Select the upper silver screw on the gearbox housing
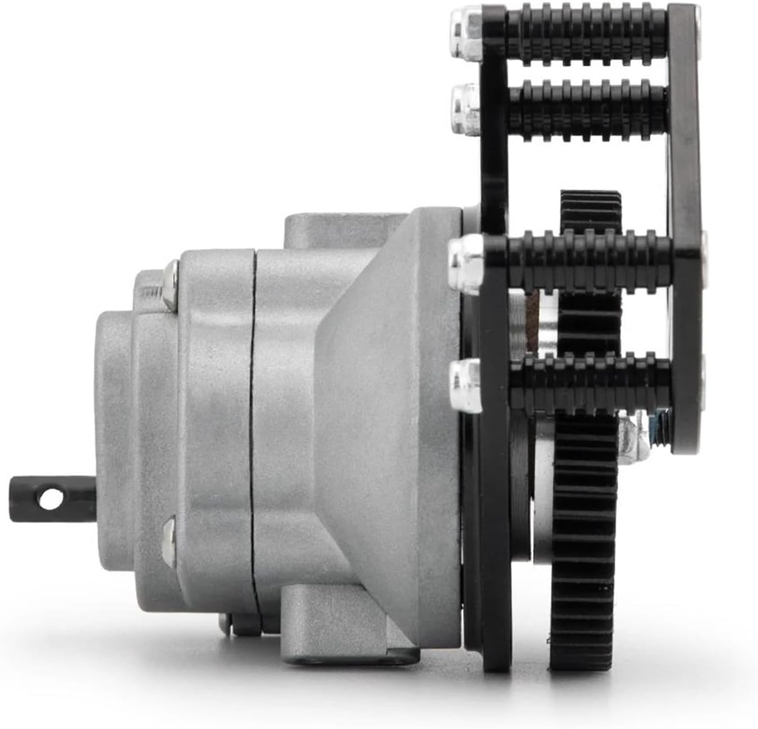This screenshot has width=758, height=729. tap(170, 284)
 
